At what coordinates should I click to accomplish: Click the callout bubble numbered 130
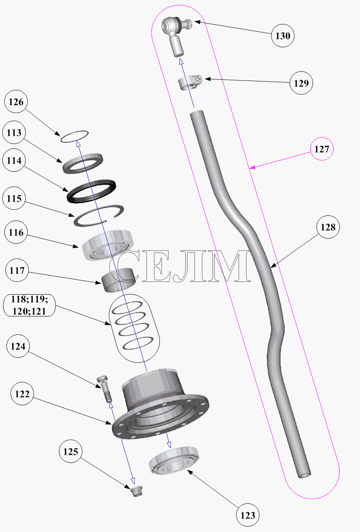283,36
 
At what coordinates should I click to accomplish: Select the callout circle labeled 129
301,83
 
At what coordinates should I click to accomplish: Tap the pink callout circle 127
322,149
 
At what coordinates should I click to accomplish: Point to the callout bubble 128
328,227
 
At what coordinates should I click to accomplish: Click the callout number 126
16,102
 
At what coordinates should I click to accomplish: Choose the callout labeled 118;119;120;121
29,305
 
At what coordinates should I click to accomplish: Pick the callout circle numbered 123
248,515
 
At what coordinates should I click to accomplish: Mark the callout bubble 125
71,451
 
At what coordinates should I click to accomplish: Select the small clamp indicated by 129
190,83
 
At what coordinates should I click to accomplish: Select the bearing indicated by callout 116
107,245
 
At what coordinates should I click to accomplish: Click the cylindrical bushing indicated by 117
119,280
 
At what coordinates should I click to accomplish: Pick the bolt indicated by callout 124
105,389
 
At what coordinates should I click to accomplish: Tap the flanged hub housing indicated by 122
161,404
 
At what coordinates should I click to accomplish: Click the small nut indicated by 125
136,491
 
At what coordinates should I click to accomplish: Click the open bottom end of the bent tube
305,475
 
